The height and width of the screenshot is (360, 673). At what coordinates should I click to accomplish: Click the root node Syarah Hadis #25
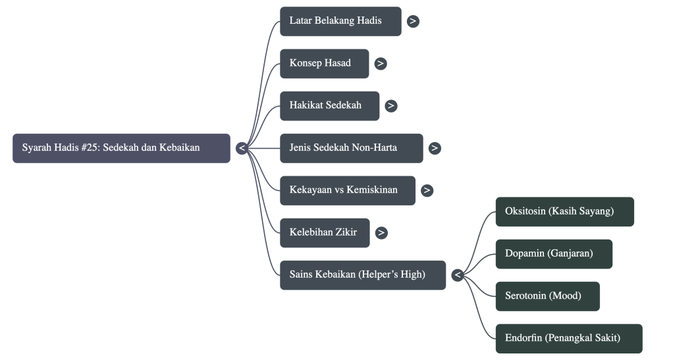121,148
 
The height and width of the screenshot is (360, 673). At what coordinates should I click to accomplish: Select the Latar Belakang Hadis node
340,21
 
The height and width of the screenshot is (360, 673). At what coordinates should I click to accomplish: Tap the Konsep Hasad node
324,63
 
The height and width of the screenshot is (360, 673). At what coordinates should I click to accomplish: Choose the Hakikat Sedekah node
329,105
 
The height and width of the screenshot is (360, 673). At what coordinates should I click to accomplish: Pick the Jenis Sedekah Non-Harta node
351,148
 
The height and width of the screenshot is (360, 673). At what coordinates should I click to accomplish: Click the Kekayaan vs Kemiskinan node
347,190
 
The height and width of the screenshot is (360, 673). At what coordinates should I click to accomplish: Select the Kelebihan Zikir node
324,232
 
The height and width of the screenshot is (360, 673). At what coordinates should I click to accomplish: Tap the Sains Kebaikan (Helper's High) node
362,274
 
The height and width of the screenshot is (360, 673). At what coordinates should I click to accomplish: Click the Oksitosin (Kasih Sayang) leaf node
564,211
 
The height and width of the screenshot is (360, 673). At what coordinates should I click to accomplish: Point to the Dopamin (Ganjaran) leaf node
553,253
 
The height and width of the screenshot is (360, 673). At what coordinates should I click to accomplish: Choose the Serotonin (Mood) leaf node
547,296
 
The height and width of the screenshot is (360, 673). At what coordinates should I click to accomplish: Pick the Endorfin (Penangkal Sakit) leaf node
568,338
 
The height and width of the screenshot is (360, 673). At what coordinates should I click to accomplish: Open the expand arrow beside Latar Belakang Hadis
413,21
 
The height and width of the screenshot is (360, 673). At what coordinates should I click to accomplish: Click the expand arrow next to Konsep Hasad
381,64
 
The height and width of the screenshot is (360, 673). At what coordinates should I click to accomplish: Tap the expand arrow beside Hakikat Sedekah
391,105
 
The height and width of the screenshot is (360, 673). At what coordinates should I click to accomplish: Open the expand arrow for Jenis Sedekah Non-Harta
435,148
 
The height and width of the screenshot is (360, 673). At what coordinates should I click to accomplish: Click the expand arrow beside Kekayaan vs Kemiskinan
427,190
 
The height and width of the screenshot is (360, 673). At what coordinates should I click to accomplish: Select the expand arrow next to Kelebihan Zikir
381,232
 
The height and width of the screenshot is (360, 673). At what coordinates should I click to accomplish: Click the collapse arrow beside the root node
242,148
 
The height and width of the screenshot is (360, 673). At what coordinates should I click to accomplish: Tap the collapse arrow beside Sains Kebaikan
457,274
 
